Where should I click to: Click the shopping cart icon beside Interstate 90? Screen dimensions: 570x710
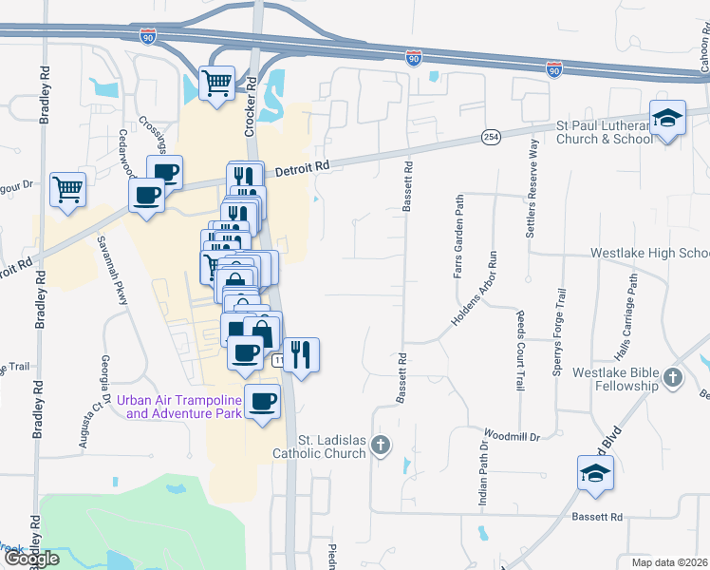point(217,83)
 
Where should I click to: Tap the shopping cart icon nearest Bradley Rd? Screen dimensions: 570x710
point(68,189)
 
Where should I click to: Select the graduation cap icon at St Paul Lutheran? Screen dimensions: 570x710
point(667,119)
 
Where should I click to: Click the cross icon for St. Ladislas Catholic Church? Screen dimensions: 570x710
point(381,445)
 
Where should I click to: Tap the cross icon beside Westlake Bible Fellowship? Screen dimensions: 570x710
point(673,378)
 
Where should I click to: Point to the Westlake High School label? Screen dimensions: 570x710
point(649,254)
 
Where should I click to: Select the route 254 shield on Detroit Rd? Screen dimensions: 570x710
point(490,138)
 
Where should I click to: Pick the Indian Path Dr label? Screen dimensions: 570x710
point(484,468)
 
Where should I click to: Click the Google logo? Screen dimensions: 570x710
point(30,558)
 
